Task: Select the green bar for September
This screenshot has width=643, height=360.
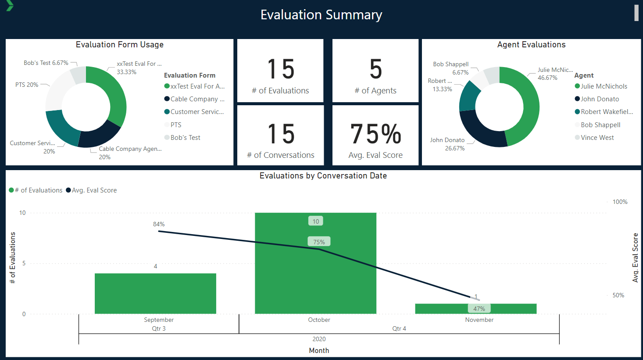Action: coord(155,293)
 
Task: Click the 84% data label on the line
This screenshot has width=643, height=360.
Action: coord(159,224)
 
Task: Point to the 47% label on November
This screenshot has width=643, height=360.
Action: coord(479,309)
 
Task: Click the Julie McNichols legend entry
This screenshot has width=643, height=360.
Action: coord(604,86)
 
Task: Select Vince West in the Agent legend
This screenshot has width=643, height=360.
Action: coord(597,138)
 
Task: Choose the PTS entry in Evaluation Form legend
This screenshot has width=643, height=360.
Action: coord(175,125)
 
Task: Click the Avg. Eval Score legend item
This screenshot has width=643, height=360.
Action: coord(94,190)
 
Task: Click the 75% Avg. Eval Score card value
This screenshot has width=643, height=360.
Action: coord(375,134)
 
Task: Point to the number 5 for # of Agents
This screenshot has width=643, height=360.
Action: coord(375,69)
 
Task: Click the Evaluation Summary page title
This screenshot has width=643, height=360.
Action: coord(321,15)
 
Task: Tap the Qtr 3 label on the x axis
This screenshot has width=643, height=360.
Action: coord(159,328)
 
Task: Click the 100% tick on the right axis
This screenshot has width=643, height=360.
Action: coord(620,202)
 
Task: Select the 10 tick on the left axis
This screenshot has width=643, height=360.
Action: coord(22,213)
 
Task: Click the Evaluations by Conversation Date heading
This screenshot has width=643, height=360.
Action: coord(323,176)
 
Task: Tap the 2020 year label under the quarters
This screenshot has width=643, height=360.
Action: coord(319,339)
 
